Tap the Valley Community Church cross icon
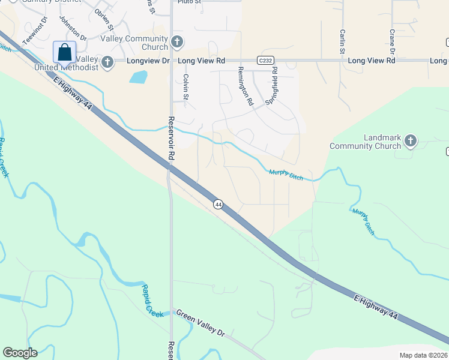[177, 41]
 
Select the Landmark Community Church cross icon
[410, 141]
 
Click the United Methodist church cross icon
[107, 62]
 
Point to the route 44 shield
[218, 205]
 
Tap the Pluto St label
[188, 2]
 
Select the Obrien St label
[103, 16]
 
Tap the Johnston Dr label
[72, 28]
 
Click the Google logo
[20, 353]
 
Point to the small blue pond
[137, 77]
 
